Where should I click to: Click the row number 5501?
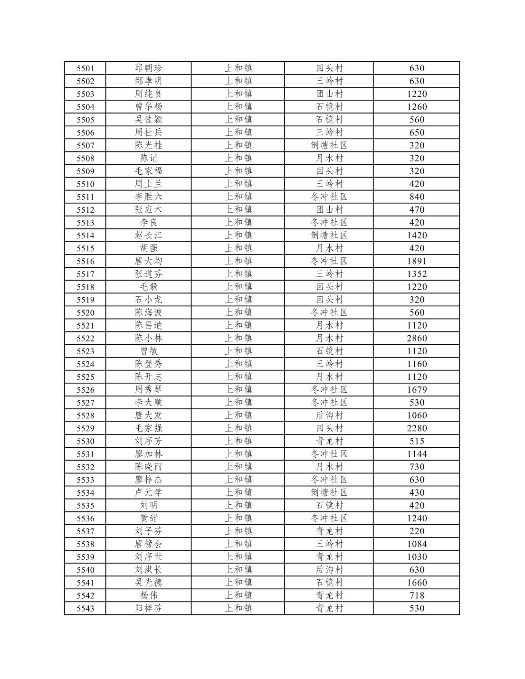point(86,68)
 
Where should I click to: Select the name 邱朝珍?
point(148,68)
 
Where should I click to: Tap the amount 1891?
point(417,261)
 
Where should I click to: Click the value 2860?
point(417,338)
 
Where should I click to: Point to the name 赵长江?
point(148,236)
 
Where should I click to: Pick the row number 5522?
point(86,338)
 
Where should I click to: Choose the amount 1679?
point(417,390)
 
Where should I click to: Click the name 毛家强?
point(148,428)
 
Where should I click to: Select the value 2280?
point(417,428)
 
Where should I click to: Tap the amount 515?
point(417,441)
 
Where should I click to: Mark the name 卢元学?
point(148,492)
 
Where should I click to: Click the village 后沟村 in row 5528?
point(329,415)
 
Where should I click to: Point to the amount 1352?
point(417,274)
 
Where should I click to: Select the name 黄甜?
point(148,518)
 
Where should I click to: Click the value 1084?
point(417,544)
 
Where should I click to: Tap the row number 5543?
point(86,608)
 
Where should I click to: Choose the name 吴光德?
point(148,583)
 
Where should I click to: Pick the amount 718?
point(417,595)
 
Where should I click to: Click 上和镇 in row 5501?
point(238,68)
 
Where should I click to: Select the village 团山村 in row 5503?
point(329,94)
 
